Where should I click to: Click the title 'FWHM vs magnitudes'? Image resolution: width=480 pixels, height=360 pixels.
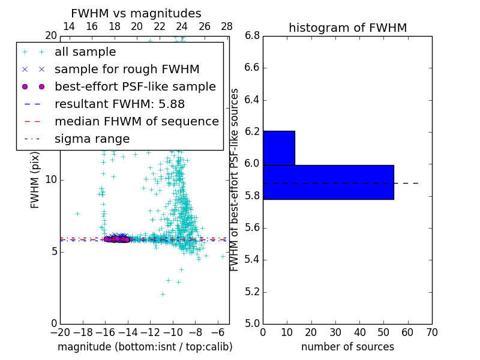(x=136, y=13)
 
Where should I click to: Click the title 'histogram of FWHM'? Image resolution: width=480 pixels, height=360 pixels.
(x=347, y=28)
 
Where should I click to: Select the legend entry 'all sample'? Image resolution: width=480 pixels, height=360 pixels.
(x=85, y=52)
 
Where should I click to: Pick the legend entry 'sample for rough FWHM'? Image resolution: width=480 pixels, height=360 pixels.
(x=127, y=69)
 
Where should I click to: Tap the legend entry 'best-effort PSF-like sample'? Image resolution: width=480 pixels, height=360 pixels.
(x=135, y=86)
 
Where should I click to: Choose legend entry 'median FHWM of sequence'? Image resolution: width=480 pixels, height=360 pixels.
(x=136, y=121)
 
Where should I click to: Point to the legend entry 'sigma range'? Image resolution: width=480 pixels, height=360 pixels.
(x=92, y=139)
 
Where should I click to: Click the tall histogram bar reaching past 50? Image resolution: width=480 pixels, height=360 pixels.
(x=328, y=182)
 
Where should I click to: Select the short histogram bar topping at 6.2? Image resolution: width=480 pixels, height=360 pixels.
(x=278, y=148)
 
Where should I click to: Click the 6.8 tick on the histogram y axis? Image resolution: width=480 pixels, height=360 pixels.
(x=252, y=35)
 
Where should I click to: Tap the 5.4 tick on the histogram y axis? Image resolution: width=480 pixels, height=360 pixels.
(x=252, y=260)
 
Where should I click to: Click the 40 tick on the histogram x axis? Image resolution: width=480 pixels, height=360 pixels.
(x=359, y=332)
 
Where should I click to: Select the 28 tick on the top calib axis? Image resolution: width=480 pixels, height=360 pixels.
(x=227, y=26)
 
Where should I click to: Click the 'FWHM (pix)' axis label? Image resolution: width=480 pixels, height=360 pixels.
(x=35, y=181)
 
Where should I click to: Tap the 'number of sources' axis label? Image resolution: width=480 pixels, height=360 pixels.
(x=347, y=347)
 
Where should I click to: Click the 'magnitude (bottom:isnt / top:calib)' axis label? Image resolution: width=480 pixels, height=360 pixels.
(x=145, y=347)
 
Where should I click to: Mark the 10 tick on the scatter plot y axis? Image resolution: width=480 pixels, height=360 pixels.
(x=50, y=179)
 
